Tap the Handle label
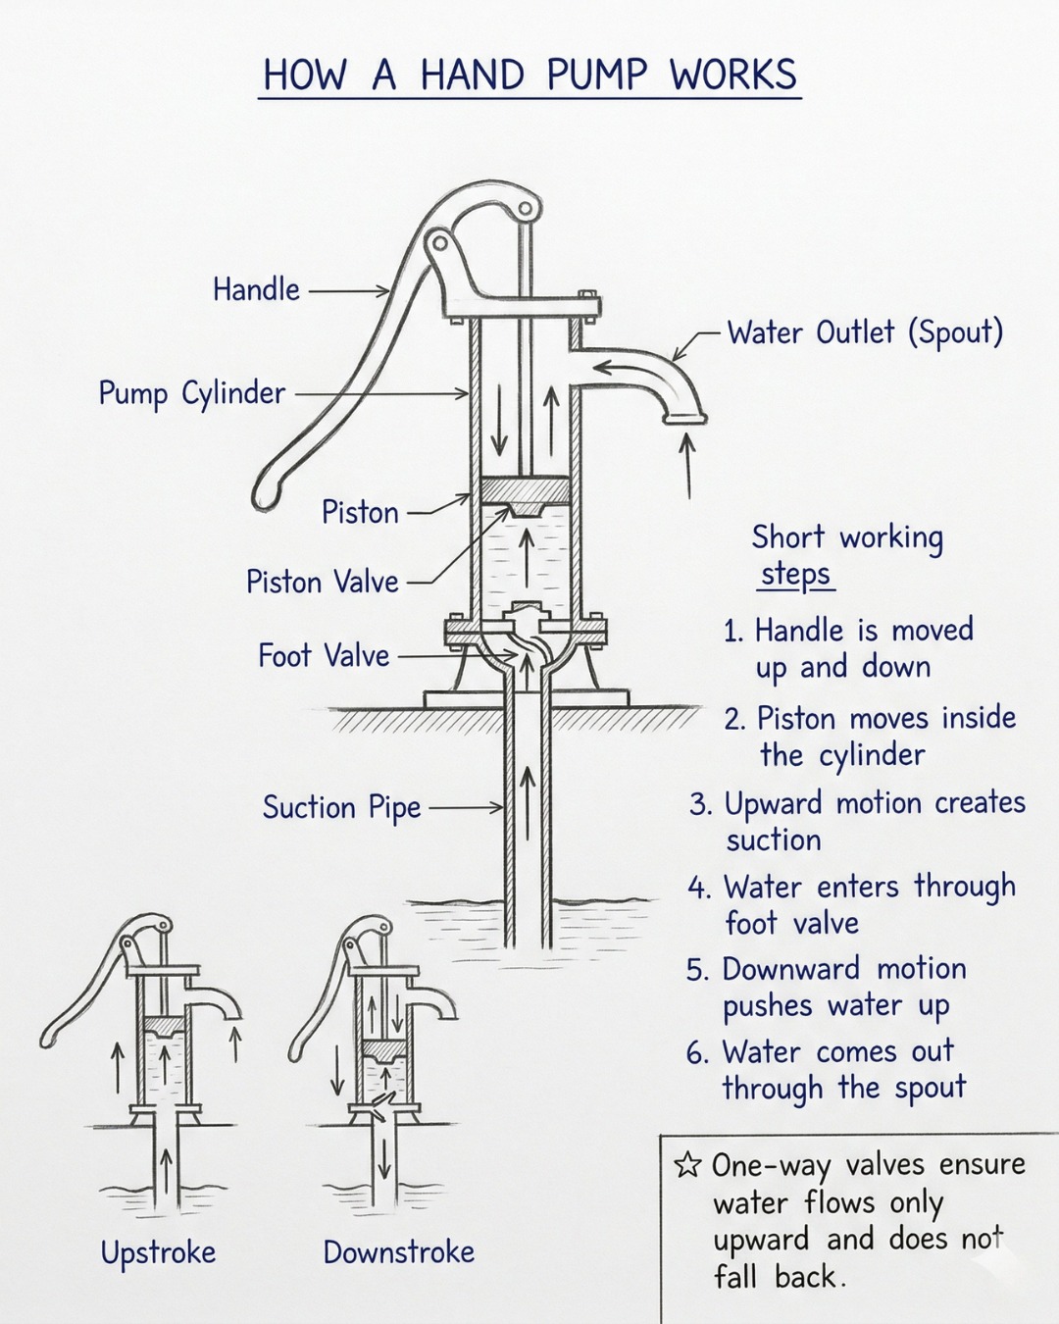[x=256, y=289]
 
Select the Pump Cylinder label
[x=192, y=393]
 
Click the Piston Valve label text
[x=323, y=582]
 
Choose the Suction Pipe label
[x=341, y=808]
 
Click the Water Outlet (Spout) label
[x=865, y=332]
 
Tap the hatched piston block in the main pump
[x=525, y=490]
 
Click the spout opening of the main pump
[x=684, y=419]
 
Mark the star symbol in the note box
[x=686, y=1165]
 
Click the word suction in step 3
[x=774, y=840]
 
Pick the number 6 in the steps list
[x=696, y=1054]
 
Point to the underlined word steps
[x=795, y=575]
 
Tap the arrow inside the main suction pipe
[x=528, y=803]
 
